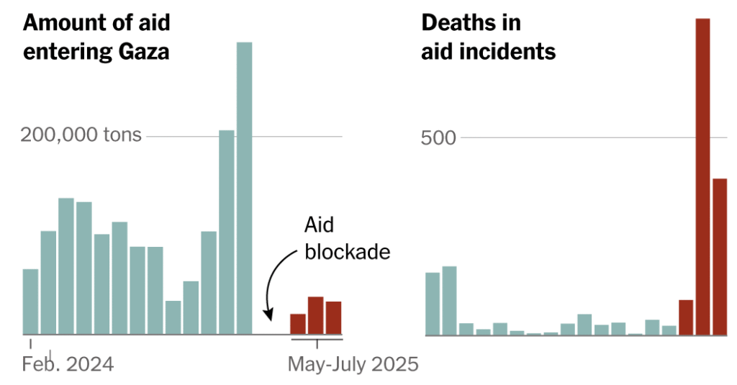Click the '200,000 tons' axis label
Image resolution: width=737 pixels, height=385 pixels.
(x=81, y=135)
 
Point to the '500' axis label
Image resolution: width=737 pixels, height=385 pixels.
(x=439, y=137)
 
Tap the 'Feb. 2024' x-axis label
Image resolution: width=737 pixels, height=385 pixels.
(x=68, y=365)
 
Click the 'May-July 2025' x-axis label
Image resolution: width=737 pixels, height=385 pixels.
(x=353, y=365)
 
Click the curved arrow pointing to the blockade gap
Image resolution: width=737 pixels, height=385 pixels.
(x=273, y=288)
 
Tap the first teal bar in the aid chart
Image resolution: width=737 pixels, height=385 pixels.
(x=30, y=302)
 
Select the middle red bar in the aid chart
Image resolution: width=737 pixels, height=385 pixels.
(x=315, y=316)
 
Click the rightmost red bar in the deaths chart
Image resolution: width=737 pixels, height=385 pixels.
(x=720, y=257)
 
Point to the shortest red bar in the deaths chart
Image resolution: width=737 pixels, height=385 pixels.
(x=685, y=317)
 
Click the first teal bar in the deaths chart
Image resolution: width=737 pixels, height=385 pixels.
(x=433, y=304)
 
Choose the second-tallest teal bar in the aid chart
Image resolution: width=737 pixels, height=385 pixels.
(x=227, y=232)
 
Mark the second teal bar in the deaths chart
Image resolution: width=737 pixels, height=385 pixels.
(x=449, y=301)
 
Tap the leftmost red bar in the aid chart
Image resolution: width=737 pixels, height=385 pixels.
(x=297, y=325)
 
